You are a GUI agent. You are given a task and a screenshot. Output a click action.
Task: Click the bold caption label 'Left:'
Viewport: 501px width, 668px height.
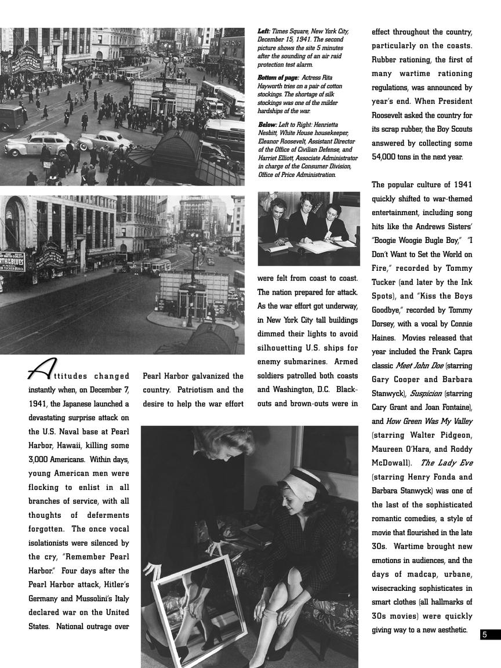[264, 31]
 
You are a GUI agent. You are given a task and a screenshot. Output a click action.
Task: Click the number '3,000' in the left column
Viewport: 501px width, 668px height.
[42, 460]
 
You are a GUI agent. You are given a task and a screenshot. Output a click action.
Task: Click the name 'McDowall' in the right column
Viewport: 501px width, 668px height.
[391, 463]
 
